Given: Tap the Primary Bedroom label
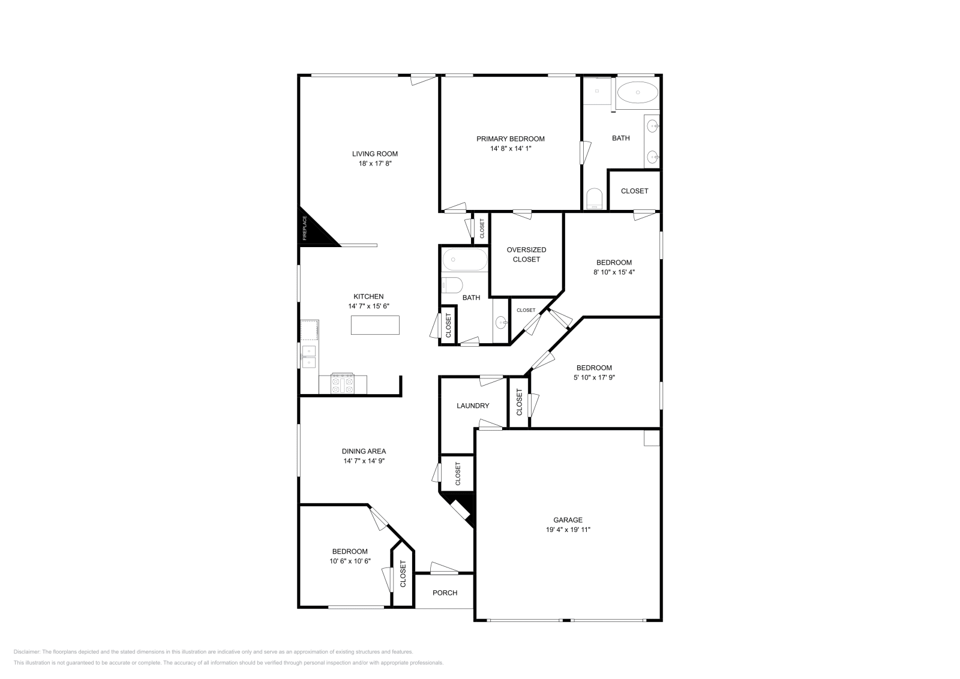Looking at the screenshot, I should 511,139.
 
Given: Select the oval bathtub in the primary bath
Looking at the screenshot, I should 638,93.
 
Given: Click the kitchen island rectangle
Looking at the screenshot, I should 375,325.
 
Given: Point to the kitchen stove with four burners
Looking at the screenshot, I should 343,384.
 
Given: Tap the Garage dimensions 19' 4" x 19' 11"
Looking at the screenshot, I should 568,530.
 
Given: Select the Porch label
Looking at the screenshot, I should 445,593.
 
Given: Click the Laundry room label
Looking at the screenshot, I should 473,405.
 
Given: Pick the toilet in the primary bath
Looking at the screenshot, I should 594,199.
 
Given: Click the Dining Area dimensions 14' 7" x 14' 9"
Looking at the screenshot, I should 364,461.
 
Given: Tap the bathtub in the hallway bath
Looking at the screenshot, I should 465,260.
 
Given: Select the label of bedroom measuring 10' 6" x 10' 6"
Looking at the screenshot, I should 350,551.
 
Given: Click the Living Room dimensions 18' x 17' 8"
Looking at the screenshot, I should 375,163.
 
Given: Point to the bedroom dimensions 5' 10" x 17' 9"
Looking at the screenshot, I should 594,377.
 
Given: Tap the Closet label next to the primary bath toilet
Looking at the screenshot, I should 634,191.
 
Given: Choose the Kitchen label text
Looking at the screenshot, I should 368,296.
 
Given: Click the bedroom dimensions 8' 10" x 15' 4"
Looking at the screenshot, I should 614,272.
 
